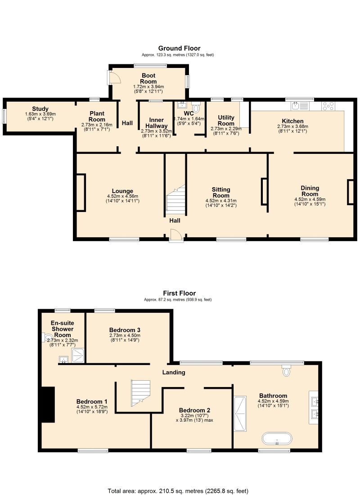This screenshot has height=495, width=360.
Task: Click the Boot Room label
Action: point(148,78)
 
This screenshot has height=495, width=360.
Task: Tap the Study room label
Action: point(40,109)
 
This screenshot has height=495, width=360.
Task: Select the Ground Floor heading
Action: point(179,48)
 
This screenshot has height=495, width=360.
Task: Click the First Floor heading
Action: point(179,293)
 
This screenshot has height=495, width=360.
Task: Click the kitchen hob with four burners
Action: point(328,106)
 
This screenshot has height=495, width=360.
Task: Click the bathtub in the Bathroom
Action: point(277,438)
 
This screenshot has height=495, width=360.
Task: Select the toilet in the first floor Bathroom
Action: point(286,370)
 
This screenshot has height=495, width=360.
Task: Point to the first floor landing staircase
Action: point(140,393)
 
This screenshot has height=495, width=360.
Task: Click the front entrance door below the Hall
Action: point(176,236)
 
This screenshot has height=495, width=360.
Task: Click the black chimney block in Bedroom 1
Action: point(48,405)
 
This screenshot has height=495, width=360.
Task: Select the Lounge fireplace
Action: point(81,192)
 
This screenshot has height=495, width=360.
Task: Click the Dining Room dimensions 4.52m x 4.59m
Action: point(310,199)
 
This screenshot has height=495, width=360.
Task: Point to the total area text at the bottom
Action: point(178,491)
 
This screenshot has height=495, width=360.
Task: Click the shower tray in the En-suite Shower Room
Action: point(78,355)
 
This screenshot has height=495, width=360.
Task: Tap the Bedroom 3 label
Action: point(125,330)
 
